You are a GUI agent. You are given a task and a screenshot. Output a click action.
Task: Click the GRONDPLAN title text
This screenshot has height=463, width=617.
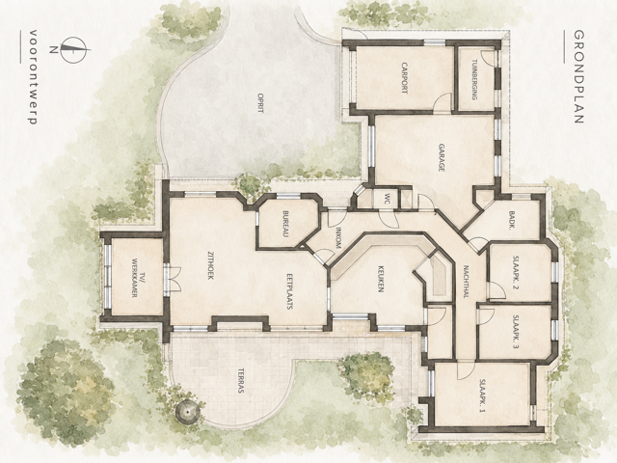pos(577,77)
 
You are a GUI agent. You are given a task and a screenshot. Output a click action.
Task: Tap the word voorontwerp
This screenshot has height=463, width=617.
pos(33,77)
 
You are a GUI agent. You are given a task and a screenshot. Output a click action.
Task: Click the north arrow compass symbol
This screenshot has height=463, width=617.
pos(73,49)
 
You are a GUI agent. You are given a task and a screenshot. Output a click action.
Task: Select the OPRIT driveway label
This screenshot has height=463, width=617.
pos(259,103)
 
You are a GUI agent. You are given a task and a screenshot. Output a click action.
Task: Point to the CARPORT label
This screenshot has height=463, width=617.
pos(404,77)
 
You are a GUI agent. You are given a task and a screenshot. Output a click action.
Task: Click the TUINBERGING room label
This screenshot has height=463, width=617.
pos(474,79)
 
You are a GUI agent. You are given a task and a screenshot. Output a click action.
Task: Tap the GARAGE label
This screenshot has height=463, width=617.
pos(442,157)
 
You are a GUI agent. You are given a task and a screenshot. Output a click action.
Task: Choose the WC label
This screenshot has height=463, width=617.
pos(388,198)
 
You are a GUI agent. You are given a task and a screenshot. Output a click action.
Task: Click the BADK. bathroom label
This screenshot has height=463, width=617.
pos(512,219)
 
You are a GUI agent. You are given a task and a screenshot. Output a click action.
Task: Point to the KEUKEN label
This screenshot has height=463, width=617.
pos(381,278)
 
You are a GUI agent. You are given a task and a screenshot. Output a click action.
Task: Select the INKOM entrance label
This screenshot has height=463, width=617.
pos(337,237)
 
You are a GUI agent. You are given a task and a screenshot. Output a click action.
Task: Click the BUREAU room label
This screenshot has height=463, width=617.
pos(286,224)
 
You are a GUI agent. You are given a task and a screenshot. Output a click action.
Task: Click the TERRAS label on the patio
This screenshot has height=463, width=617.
pos(241,381)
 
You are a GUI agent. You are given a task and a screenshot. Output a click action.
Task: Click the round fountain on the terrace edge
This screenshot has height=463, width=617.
pos(188,412)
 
